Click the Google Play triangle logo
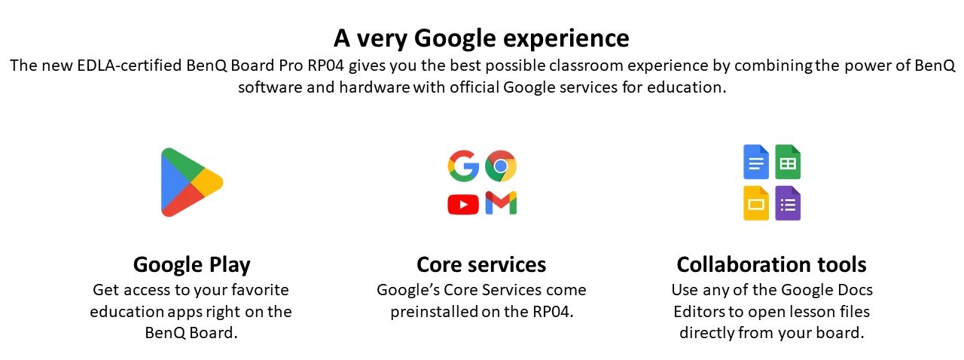click(x=189, y=182)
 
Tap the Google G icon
click(x=463, y=166)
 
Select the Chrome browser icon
click(x=501, y=166)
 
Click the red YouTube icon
click(x=463, y=204)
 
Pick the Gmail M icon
click(x=501, y=203)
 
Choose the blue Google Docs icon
click(x=756, y=162)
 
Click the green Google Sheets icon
click(x=788, y=162)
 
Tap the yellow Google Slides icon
click(x=756, y=203)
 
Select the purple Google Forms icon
click(x=788, y=203)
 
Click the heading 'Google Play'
click(x=191, y=265)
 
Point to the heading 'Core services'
click(x=481, y=264)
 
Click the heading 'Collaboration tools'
click(x=772, y=264)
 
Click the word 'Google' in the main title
click(x=456, y=38)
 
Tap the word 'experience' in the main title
click(x=566, y=38)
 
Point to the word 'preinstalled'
click(x=435, y=311)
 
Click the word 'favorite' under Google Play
click(x=260, y=290)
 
